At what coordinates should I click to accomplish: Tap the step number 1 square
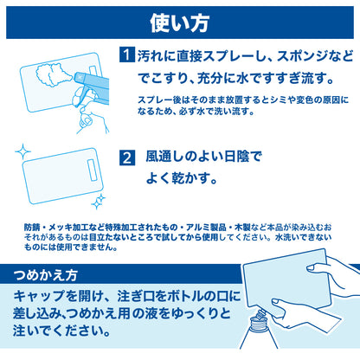(125, 55)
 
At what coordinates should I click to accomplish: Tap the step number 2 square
(126, 158)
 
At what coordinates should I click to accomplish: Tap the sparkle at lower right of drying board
(97, 202)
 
